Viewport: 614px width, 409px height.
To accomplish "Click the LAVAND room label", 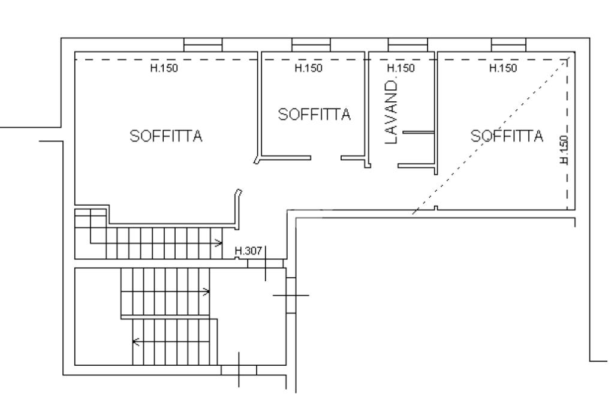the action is coord(391,112).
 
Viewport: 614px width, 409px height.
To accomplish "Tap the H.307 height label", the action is coord(248,251).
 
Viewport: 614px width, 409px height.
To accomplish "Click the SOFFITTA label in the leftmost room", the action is coord(166,136).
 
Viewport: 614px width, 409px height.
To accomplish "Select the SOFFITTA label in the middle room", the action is coord(314,114).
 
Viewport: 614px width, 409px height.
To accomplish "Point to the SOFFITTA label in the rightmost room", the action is coord(507,136).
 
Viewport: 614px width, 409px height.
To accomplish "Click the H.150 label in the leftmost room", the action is coord(164,68).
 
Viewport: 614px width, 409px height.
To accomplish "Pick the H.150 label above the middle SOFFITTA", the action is coord(309,68).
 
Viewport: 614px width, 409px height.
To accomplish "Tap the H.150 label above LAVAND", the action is coord(401,68).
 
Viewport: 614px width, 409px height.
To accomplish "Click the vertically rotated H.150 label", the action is coord(564,150).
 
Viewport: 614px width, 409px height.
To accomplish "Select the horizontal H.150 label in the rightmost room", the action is coord(503,68).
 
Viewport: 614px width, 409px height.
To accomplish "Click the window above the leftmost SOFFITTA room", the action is coord(203,44).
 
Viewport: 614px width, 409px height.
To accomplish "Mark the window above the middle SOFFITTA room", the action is coord(311,44).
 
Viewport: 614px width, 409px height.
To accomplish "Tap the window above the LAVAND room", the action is coord(408,44).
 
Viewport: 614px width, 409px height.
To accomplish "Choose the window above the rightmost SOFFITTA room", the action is coord(508,44).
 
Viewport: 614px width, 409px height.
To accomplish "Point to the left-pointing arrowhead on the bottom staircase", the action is coord(136,342).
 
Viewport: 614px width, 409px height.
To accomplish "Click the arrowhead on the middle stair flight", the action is coord(206,291).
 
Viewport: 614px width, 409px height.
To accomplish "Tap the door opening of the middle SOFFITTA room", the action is coord(326,158).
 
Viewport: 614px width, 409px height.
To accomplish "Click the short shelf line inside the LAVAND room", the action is coord(419,132).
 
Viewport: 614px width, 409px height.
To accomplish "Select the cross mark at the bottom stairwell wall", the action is coord(239,369).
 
